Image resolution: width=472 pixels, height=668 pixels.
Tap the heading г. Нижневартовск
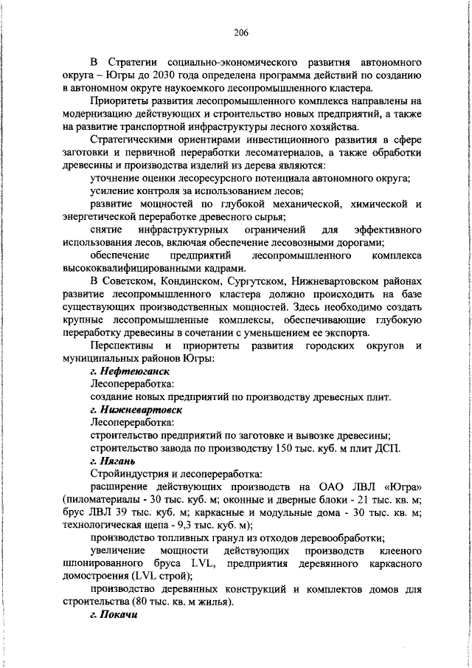pos(135,409)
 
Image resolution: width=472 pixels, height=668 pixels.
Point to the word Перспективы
pos(121,346)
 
